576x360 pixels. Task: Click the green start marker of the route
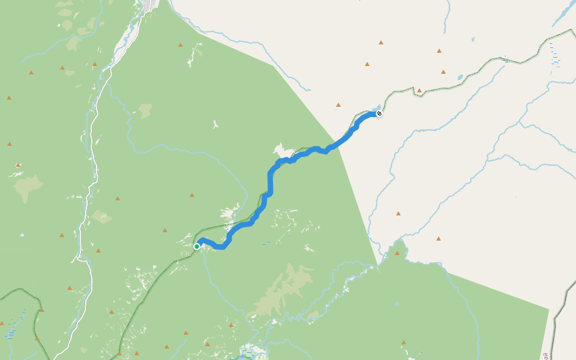pyautogui.click(x=197, y=246)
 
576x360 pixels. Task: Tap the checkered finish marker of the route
pyautogui.click(x=379, y=113)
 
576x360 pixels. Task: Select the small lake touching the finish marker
pyautogui.click(x=376, y=109)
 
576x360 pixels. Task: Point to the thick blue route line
pyautogui.click(x=270, y=180)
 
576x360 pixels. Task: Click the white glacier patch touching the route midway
pyautogui.click(x=281, y=149)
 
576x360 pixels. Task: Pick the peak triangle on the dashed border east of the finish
pyautogui.click(x=419, y=91)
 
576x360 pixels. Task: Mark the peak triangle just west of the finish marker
pyautogui.click(x=338, y=105)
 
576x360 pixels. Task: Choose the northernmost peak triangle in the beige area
pyautogui.click(x=381, y=43)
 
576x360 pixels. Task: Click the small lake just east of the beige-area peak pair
pyautogui.click(x=460, y=77)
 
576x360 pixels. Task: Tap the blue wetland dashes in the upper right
pyautogui.click(x=555, y=57)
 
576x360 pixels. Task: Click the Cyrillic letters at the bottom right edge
pyautogui.click(x=545, y=355)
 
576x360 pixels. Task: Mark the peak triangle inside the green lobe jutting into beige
pyautogui.click(x=397, y=253)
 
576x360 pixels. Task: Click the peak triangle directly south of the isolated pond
pyautogui.click(x=404, y=343)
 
